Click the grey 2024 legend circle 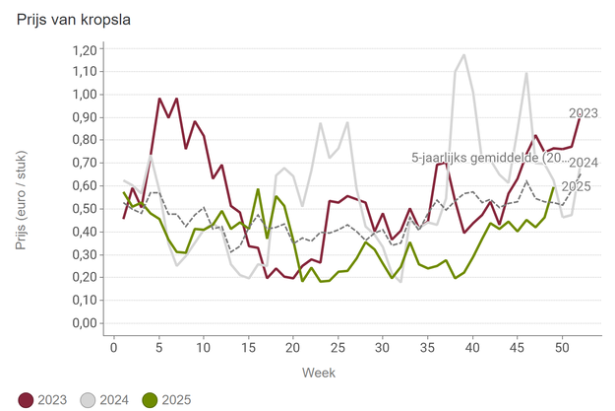(87, 399)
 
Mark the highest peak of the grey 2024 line (463, 55)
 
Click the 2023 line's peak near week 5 (159, 99)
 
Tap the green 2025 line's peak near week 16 (258, 189)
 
